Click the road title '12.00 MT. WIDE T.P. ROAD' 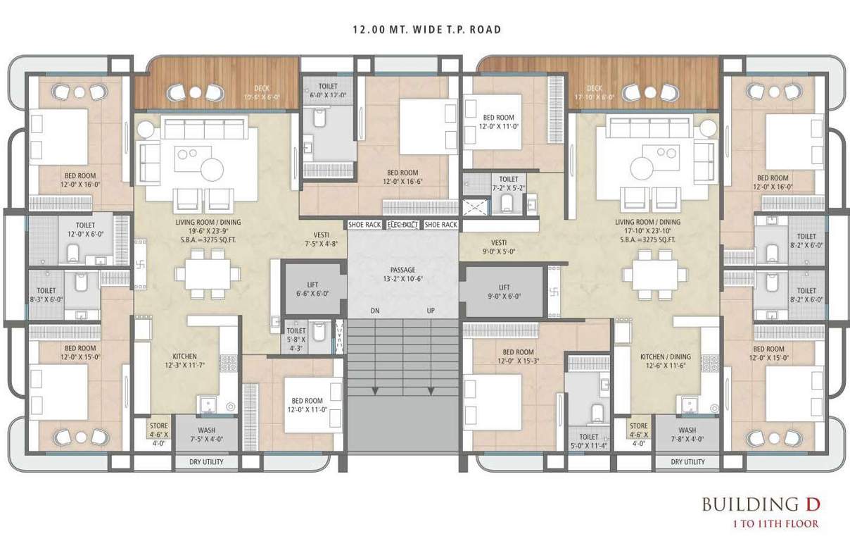click(x=426, y=30)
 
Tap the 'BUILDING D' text click(x=761, y=504)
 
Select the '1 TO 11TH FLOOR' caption click(x=775, y=523)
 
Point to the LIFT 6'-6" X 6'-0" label click(x=312, y=290)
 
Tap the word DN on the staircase click(x=376, y=311)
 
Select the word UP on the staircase click(x=431, y=311)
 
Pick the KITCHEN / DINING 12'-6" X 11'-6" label click(x=661, y=361)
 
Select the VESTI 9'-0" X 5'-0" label click(x=499, y=244)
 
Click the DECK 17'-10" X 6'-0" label click(x=595, y=93)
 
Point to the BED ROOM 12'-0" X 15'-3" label click(x=518, y=356)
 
